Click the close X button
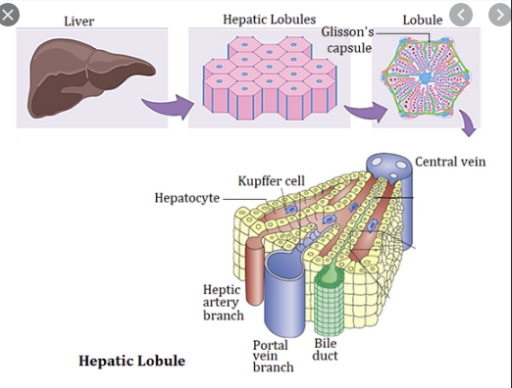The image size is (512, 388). [x=9, y=15]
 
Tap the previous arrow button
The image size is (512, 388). [x=461, y=15]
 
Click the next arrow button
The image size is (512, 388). [x=500, y=15]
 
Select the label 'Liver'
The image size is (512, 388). [x=79, y=22]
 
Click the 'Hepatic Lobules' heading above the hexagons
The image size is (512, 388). [x=270, y=20]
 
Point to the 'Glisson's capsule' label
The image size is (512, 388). [x=348, y=40]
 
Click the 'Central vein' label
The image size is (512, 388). [x=450, y=162]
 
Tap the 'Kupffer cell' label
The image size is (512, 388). [x=272, y=181]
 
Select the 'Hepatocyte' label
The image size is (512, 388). [x=187, y=198]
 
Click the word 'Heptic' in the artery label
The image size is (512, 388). [x=222, y=290]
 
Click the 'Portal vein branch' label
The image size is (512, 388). [x=273, y=356]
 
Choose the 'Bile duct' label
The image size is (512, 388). [x=325, y=350]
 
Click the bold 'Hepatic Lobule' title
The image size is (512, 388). [x=132, y=361]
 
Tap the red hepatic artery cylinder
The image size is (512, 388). [x=255, y=271]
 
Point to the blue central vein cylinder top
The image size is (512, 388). [x=388, y=164]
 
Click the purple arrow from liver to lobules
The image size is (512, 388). [x=169, y=105]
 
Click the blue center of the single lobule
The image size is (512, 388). [x=425, y=78]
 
